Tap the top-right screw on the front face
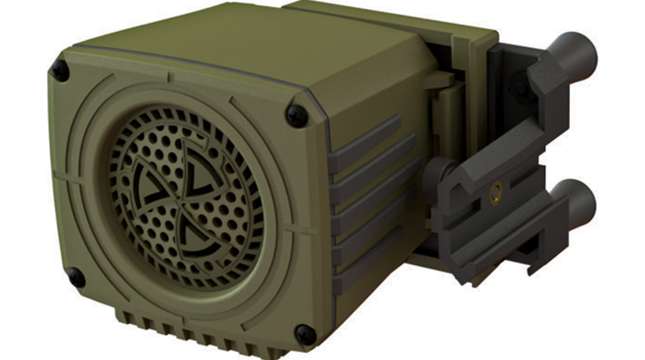point(296,116)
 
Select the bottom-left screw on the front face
point(76,277)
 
